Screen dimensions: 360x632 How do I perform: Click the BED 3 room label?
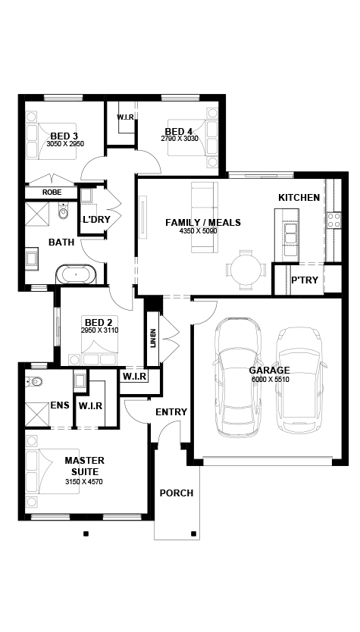coord(64,136)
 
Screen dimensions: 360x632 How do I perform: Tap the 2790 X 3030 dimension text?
coord(180,138)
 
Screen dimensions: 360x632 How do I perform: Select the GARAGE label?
coord(269,370)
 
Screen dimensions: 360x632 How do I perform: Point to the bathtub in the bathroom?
coord(77,274)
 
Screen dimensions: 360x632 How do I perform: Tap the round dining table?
coord(246,270)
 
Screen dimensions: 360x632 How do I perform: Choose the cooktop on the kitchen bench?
coord(333,220)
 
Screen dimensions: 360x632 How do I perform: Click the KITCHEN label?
coord(299,198)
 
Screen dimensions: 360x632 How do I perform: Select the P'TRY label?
coord(305,280)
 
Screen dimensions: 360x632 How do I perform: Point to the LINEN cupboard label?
coord(152,339)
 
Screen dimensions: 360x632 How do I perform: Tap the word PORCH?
coord(177,493)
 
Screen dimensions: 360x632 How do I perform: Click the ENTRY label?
coord(171,412)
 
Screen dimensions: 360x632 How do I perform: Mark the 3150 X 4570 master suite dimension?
coord(84,481)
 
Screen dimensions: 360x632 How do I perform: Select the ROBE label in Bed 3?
coord(52,192)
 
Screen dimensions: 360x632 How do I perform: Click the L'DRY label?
coord(97,220)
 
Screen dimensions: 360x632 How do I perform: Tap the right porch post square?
coord(193,534)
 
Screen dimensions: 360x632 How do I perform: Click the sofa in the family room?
coord(205,217)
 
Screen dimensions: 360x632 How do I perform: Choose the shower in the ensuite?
coord(37,415)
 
